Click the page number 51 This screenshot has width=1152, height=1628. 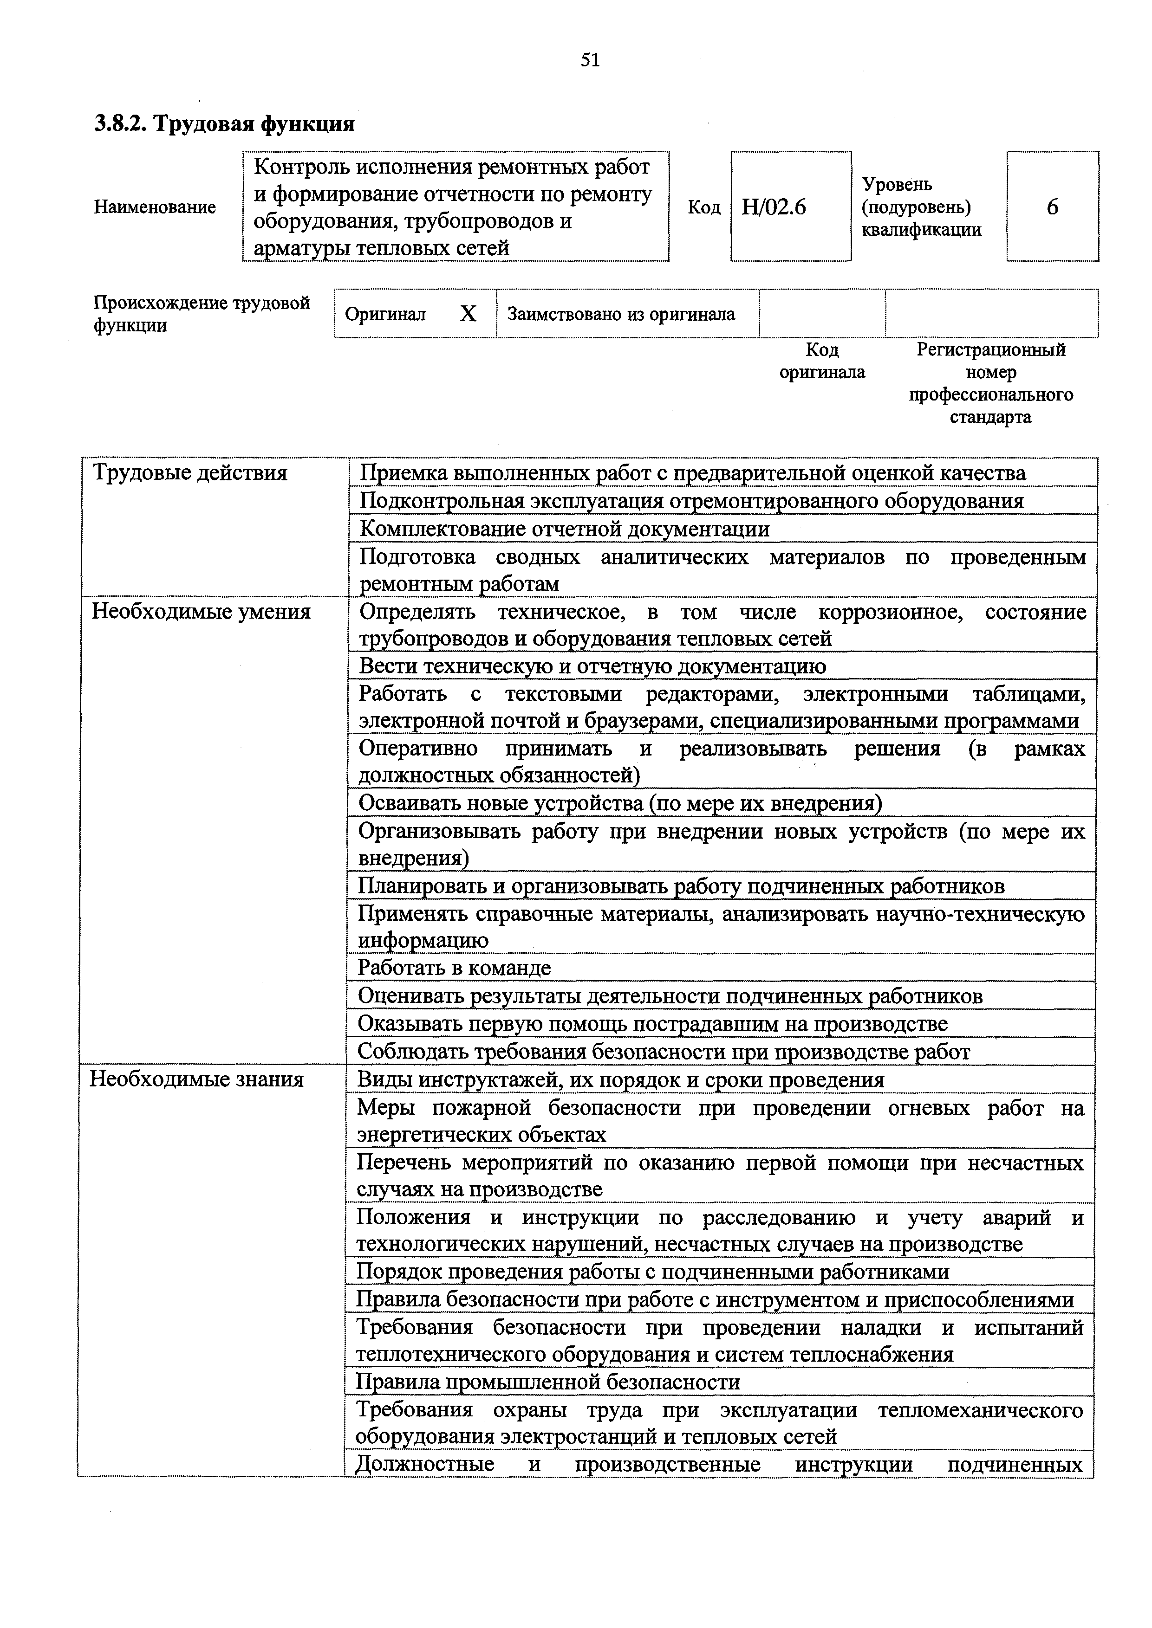click(x=590, y=60)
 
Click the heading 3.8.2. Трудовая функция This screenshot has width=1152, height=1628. click(x=224, y=124)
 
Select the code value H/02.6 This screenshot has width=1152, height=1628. click(x=774, y=207)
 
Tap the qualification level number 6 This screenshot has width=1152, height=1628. click(x=1052, y=207)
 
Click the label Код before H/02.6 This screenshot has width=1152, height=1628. click(x=703, y=207)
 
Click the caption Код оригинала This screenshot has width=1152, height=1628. click(x=822, y=361)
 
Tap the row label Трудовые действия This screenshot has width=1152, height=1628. click(x=190, y=473)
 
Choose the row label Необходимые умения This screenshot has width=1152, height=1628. click(x=202, y=612)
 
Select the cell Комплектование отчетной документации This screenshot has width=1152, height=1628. click(x=565, y=529)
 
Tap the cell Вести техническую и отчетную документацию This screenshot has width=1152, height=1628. click(x=592, y=666)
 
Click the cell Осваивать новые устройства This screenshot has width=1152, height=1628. click(x=620, y=803)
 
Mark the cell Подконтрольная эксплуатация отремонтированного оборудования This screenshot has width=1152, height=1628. click(x=692, y=501)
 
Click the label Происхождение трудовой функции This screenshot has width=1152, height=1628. click(x=202, y=314)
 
